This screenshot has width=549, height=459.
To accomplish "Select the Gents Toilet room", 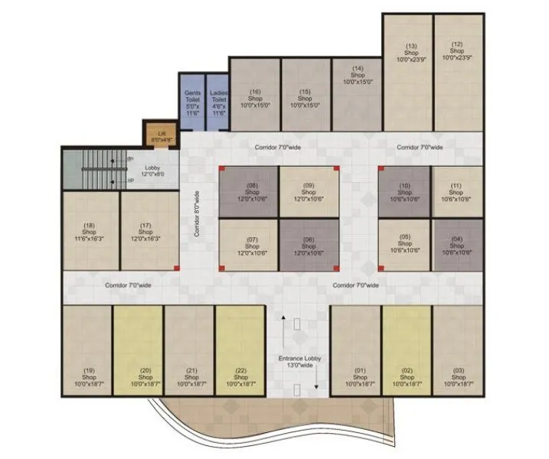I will (191, 103).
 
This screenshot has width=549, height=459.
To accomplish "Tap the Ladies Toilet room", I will (218, 103).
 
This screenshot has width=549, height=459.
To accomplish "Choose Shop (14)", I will (356, 96).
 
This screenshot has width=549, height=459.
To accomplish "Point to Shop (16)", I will (255, 96).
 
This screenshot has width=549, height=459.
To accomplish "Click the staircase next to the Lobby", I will (92, 170).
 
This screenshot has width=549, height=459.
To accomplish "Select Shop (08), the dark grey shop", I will (249, 191).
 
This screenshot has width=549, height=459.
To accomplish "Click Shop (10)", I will (405, 191).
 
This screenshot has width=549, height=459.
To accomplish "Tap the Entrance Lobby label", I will (296, 361).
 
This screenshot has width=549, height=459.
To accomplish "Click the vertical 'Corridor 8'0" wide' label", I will (196, 213).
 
